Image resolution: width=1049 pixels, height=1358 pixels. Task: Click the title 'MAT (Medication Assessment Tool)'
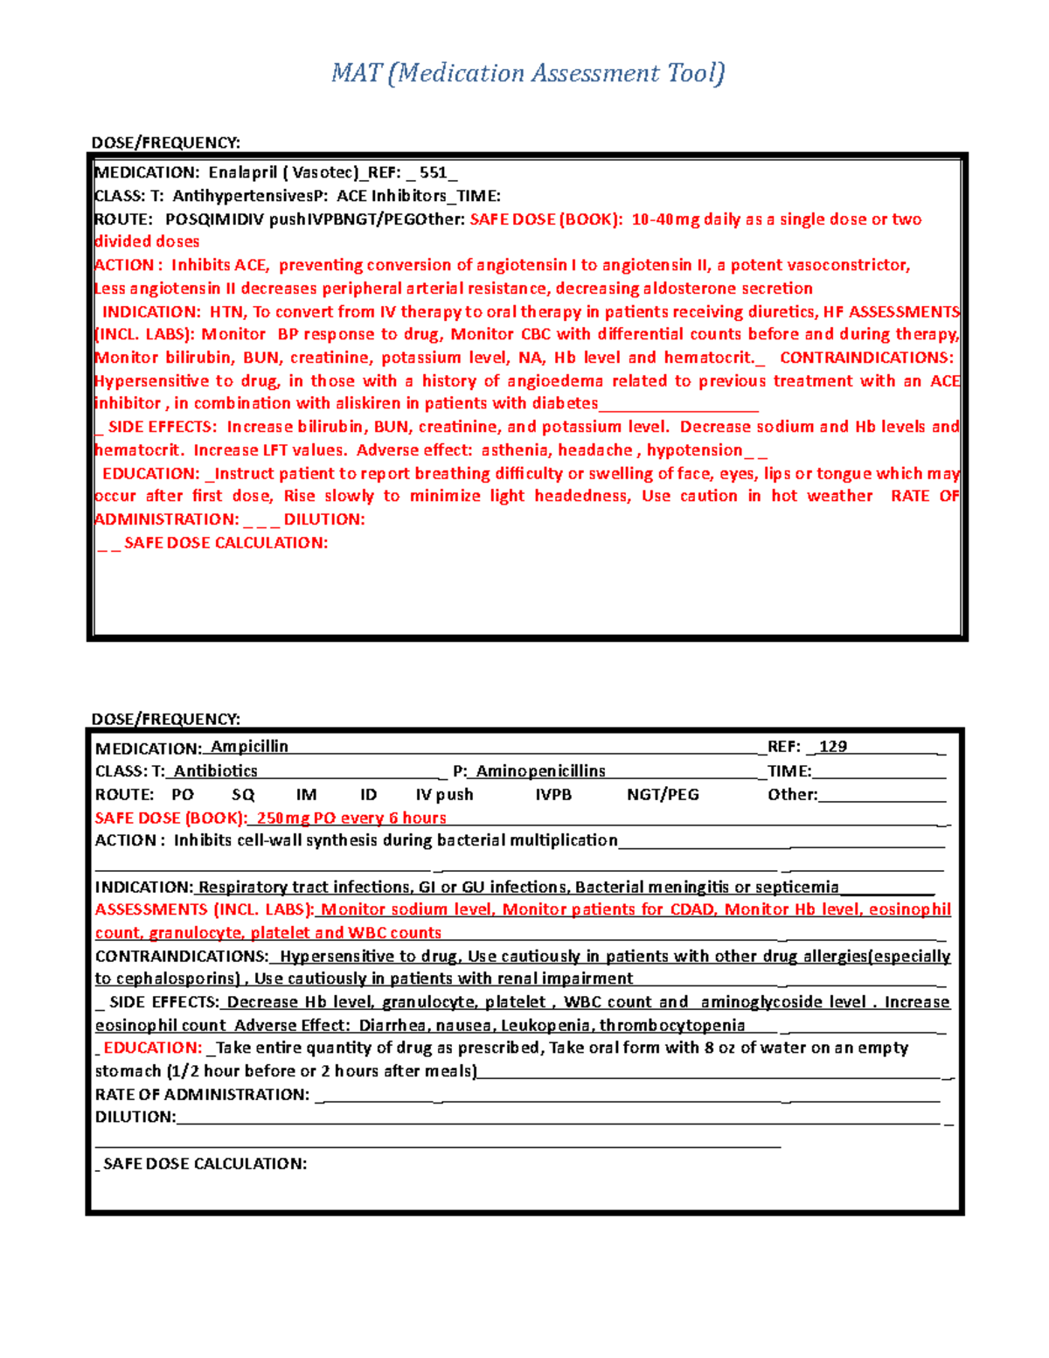pos(528,73)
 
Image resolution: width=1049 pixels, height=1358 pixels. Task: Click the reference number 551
pos(433,172)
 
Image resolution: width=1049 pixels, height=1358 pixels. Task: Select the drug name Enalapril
pos(242,172)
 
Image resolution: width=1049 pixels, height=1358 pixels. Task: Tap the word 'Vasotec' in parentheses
pos(323,172)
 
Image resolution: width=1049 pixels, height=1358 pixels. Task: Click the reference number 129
pos(833,746)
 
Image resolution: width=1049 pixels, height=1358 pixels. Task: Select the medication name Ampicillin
pos(249,746)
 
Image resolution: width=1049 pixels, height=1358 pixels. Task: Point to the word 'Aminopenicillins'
pos(540,770)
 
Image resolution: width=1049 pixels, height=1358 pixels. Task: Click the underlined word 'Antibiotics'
pos(215,770)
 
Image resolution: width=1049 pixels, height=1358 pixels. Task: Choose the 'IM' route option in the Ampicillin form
pos(306,794)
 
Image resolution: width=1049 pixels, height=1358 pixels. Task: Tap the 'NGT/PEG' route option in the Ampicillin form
pos(663,794)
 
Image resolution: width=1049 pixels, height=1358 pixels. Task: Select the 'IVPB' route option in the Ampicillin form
pos(552,794)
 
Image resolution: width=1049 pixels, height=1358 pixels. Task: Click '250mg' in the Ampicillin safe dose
pos(283,818)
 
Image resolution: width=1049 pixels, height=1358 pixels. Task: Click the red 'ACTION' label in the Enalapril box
pos(123,265)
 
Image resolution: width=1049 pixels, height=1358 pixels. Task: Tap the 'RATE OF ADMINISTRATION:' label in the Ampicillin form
pos(202,1094)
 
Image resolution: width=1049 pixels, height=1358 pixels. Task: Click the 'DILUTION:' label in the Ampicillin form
pos(135,1117)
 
